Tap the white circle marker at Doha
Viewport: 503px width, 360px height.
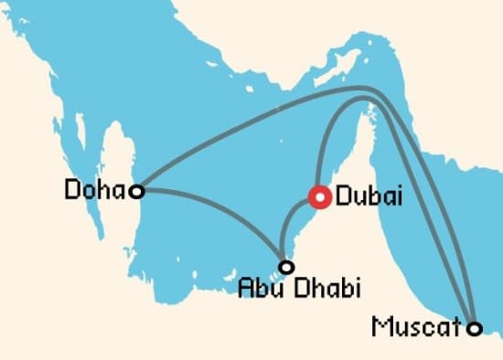click(136, 191)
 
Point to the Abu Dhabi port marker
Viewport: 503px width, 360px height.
click(286, 267)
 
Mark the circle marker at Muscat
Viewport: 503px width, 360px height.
click(474, 328)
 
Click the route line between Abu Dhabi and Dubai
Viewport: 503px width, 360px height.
click(294, 228)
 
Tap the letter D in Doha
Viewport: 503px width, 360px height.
click(73, 190)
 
